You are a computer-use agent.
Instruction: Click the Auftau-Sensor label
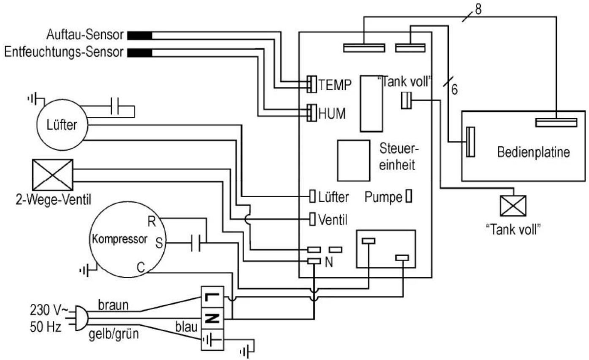[x=85, y=35]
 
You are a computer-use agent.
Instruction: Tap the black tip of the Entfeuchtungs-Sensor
[x=140, y=53]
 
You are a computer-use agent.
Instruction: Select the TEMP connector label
[x=335, y=84]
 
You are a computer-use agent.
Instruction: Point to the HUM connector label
[x=332, y=114]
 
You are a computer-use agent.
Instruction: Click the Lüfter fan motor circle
[x=62, y=125]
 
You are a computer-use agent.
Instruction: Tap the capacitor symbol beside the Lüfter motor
[x=115, y=106]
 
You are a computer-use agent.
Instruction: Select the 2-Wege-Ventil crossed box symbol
[x=53, y=175]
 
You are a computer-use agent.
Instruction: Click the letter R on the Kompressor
[x=152, y=222]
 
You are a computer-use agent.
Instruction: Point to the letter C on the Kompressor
[x=141, y=268]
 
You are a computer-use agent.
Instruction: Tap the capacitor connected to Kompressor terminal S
[x=195, y=243]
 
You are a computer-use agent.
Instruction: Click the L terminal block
[x=212, y=297]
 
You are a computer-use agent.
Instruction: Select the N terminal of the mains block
[x=212, y=319]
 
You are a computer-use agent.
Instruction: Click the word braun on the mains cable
[x=113, y=305]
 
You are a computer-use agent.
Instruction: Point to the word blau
[x=186, y=327]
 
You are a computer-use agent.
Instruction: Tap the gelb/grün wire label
[x=114, y=335]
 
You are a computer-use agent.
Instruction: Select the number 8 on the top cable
[x=478, y=9]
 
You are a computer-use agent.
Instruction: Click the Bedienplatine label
[x=534, y=152]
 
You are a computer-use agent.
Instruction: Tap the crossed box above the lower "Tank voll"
[x=513, y=206]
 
